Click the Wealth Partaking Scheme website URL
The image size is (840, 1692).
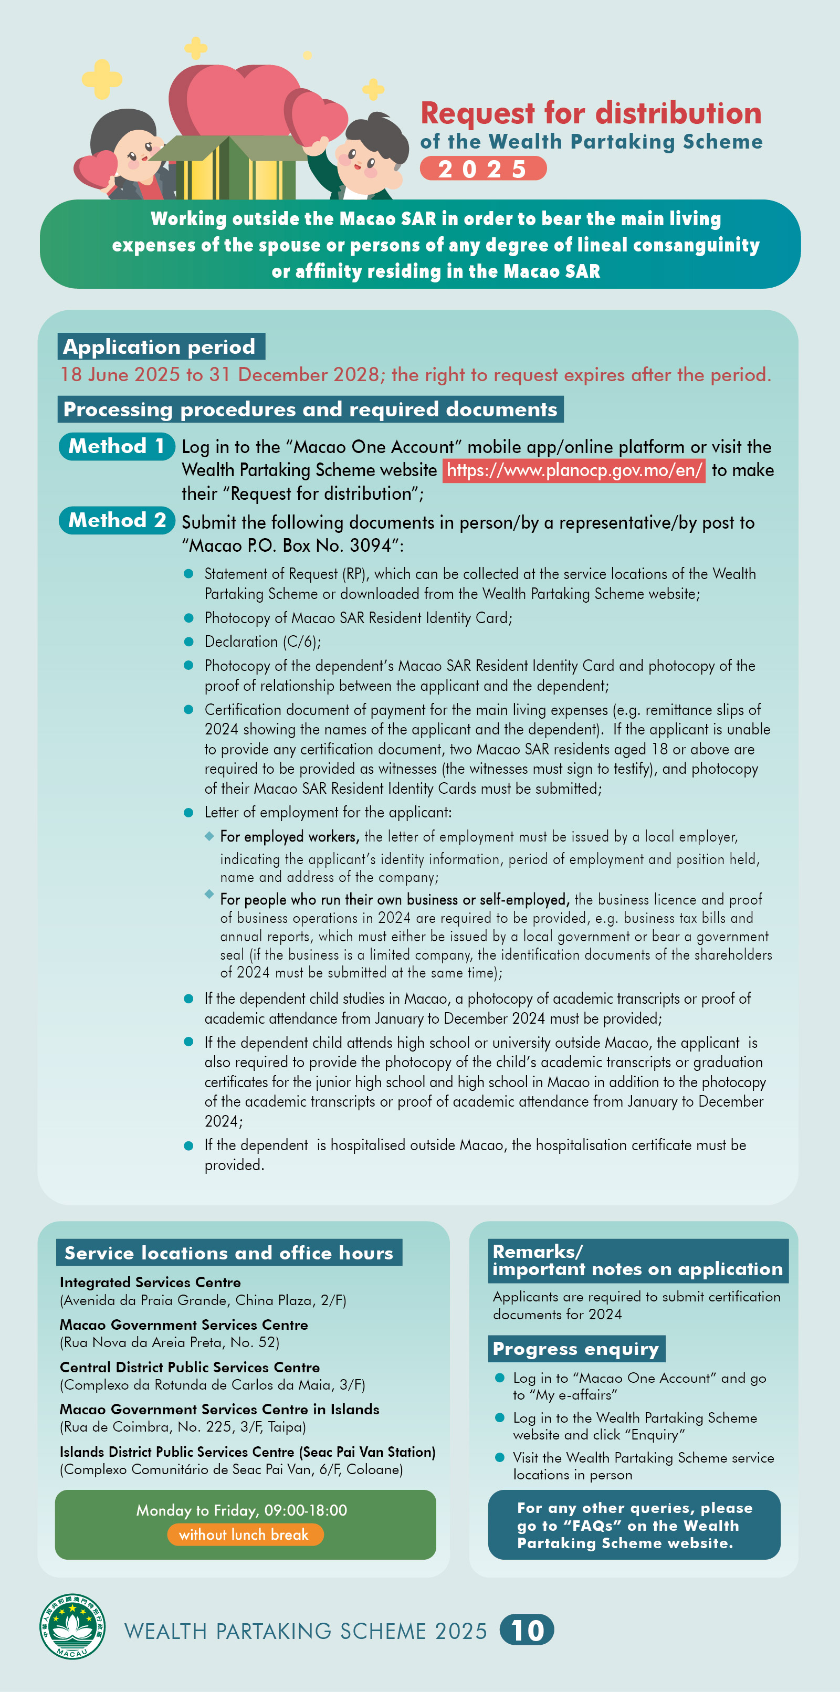click(573, 470)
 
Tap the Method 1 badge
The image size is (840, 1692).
click(116, 447)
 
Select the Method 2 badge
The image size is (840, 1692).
click(116, 520)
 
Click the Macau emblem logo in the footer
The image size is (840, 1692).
click(72, 1626)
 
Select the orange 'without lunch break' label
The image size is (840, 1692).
click(244, 1535)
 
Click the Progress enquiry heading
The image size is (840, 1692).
click(576, 1349)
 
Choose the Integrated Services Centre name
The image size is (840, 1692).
click(150, 1282)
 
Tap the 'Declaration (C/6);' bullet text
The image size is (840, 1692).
click(262, 642)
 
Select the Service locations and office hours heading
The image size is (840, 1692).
click(228, 1253)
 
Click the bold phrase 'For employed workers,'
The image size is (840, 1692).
click(290, 837)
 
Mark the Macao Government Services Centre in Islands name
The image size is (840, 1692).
click(219, 1409)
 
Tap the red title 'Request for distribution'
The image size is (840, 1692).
click(591, 113)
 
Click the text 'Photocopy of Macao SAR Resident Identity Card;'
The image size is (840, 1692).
click(358, 618)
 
